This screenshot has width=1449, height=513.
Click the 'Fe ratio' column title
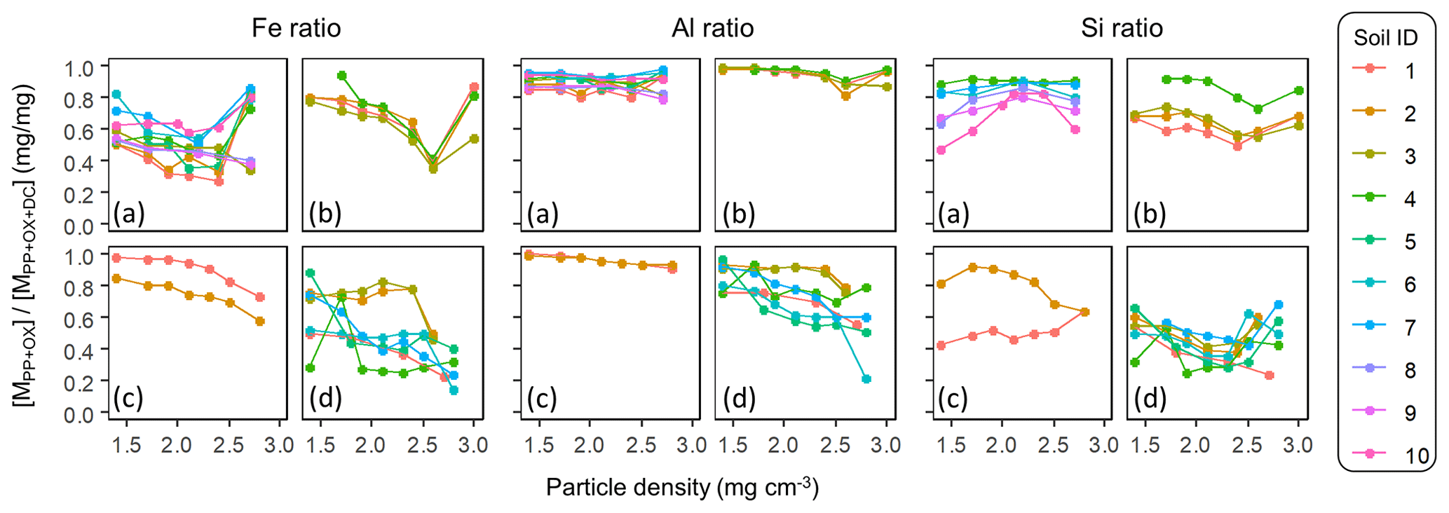click(296, 28)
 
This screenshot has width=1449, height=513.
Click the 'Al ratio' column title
click(712, 28)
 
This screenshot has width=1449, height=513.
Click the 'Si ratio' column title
click(1122, 28)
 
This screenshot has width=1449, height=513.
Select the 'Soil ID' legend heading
click(1385, 38)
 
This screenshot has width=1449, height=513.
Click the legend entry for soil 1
click(1385, 71)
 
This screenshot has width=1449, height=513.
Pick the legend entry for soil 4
click(1385, 199)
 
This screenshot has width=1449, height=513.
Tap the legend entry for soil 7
click(1385, 327)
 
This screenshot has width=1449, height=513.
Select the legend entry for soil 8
click(1385, 370)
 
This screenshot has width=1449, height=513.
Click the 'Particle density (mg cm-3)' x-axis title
click(681, 487)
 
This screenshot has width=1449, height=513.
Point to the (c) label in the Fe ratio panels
click(128, 398)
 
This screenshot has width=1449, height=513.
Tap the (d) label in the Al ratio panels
click(739, 398)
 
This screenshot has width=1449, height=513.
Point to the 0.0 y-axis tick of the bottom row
click(79, 415)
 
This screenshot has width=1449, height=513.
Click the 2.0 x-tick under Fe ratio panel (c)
click(177, 446)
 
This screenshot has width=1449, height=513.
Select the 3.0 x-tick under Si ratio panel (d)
click(1298, 446)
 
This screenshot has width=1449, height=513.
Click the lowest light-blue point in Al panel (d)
click(866, 379)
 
